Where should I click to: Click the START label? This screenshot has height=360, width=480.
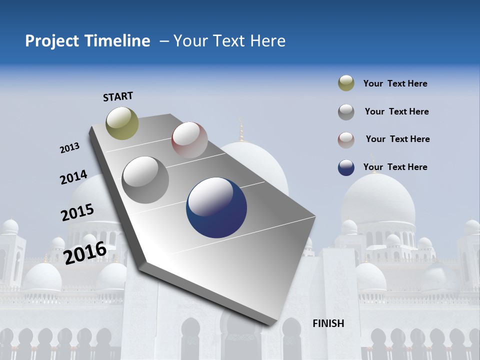point(118,96)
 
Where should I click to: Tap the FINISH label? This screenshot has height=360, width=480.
point(328,323)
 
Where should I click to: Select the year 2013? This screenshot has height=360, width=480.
point(69,148)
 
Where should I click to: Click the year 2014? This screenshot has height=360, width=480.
point(73,177)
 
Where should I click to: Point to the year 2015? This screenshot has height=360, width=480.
point(77,212)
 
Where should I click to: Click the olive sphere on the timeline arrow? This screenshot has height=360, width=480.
point(122,123)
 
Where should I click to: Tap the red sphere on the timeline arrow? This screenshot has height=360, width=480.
point(189,140)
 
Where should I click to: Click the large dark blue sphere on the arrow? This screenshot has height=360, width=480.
point(216,207)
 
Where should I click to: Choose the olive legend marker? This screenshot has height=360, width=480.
point(346,83)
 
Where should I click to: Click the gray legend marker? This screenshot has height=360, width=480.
point(346,111)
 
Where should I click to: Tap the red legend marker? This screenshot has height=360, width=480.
point(346,139)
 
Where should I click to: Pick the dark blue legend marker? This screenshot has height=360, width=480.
point(346,167)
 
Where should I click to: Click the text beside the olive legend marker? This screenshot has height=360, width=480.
point(395,83)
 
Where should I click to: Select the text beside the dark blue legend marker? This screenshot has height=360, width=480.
point(395,167)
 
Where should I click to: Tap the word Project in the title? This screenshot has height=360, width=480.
point(52,41)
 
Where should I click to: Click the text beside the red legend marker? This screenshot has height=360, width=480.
point(397,139)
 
